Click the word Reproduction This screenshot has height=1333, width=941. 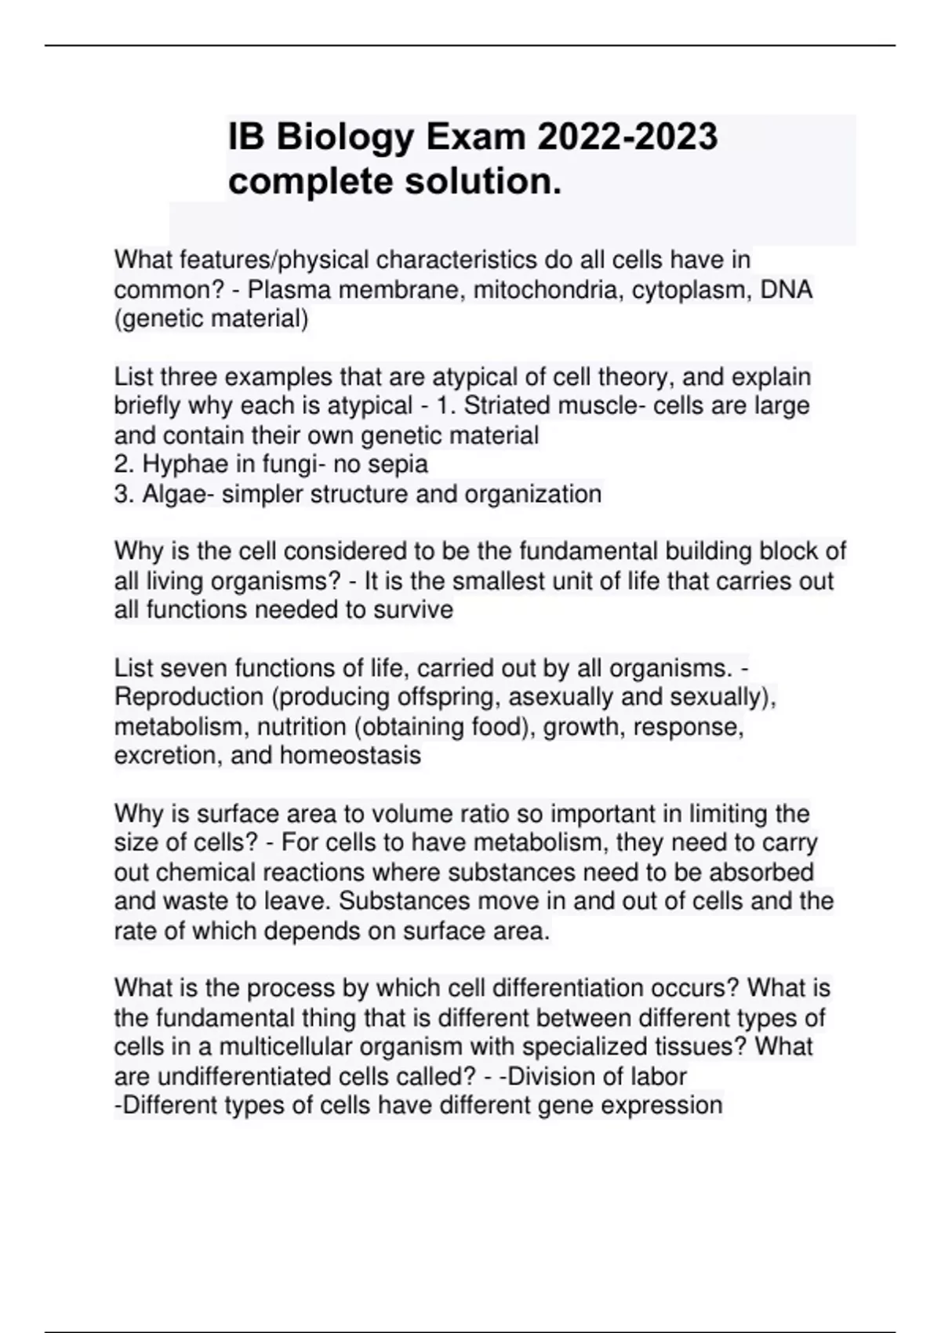tap(189, 697)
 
